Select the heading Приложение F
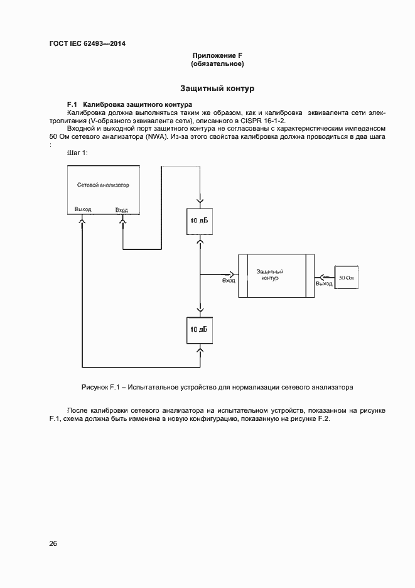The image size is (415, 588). pos(217,56)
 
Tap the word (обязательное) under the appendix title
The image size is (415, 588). pos(217,64)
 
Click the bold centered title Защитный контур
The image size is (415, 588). pos(217,89)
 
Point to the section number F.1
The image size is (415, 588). pos(72,103)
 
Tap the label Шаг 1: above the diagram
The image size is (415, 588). pos(77,153)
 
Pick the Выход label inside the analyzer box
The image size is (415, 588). pos(82,209)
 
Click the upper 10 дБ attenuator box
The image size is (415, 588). pos(199,220)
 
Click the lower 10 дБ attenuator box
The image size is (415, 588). pos(199,329)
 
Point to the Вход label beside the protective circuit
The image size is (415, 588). pos(229,281)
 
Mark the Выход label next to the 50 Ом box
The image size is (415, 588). pos(324,284)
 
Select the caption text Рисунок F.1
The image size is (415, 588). pos(100,387)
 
